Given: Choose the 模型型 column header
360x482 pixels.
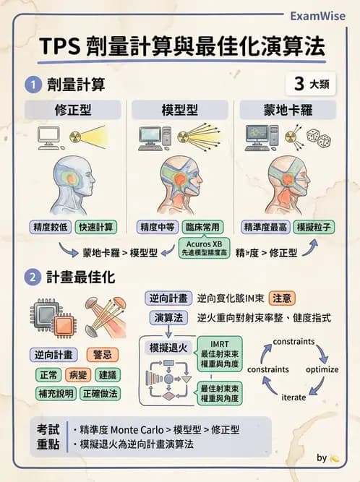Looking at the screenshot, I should point(181,110).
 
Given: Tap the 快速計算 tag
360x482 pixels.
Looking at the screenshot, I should point(95,227).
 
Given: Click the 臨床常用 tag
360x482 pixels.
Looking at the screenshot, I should point(202,227).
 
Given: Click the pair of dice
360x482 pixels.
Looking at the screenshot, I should point(319,138).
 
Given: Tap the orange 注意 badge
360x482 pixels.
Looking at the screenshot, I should point(281,298).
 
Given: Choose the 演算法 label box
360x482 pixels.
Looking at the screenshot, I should point(169,317).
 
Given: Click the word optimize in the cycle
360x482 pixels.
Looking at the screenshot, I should point(322,369).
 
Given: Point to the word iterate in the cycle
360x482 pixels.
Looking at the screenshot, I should point(293,397).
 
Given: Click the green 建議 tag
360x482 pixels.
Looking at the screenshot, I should point(108,375).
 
